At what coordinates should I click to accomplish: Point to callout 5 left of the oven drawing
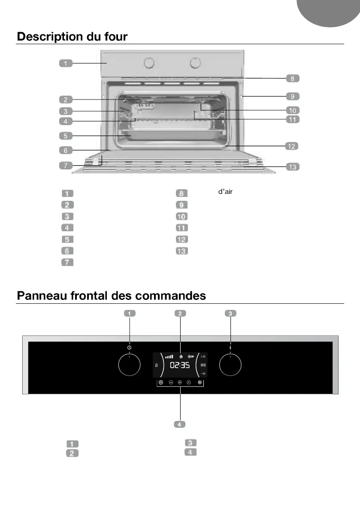66,136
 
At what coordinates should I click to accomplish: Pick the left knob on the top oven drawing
148,63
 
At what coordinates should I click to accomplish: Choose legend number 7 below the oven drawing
67,262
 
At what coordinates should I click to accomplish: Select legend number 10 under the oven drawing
182,216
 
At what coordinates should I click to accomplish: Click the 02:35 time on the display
180,366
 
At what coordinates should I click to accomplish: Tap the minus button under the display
170,382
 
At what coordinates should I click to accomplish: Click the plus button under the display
189,382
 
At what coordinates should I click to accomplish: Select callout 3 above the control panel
230,314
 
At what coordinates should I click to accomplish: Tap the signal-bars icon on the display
169,356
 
